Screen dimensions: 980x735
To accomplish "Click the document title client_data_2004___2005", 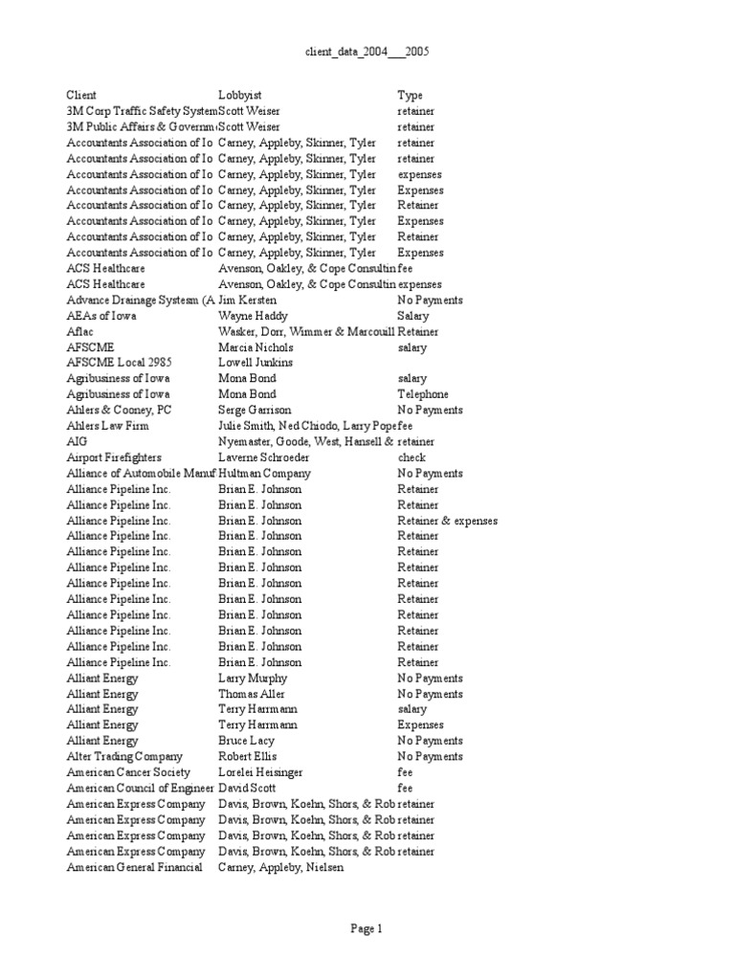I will coord(367,52).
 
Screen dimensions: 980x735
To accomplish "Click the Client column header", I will coord(81,96).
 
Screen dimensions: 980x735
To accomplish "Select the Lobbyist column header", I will coord(239,96).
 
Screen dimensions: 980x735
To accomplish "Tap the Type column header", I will coord(410,96).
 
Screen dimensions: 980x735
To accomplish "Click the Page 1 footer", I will coord(367,928).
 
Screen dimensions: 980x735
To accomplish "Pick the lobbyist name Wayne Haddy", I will coord(253,316).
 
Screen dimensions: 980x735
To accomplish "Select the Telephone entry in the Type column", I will coord(423,394).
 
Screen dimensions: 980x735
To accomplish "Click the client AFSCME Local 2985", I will coord(113,363).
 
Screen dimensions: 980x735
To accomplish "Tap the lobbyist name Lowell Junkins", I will coord(256,363).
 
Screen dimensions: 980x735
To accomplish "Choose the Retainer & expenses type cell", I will coord(447,521).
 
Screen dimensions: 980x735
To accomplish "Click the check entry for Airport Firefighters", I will coord(412,457).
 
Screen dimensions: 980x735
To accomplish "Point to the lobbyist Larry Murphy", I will coord(253,678).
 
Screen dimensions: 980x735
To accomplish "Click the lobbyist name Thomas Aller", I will coord(252,694).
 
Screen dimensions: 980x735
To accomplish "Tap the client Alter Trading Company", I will coord(123,756).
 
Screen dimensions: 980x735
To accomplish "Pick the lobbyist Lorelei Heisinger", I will coord(264,772).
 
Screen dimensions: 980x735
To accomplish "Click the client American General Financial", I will coord(134,867).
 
